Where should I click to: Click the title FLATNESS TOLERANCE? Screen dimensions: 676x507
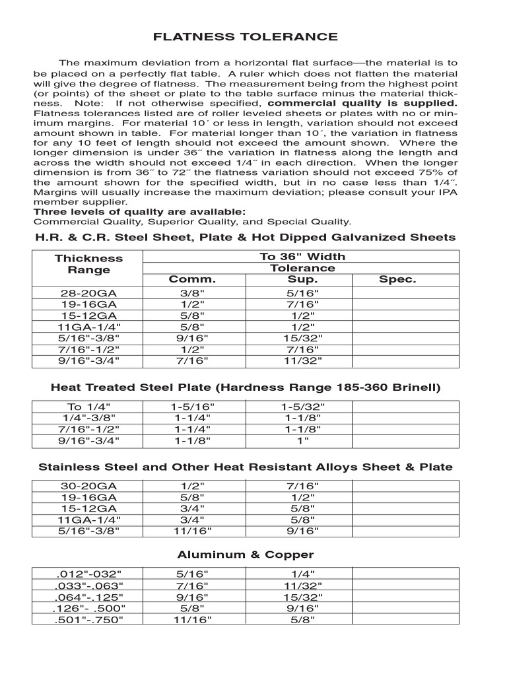(245, 37)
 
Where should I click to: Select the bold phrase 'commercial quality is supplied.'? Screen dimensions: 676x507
(362, 104)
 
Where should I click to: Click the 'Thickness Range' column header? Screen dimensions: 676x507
(88, 264)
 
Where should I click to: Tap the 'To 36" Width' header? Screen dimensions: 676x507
(302, 256)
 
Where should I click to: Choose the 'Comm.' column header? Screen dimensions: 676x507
(192, 279)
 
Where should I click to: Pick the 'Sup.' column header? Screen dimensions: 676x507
(302, 279)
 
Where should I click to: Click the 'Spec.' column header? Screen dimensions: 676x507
(397, 279)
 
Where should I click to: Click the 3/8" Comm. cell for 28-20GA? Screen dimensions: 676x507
(192, 292)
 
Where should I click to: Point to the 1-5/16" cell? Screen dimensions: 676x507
(192, 407)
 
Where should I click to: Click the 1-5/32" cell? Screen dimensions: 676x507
(302, 407)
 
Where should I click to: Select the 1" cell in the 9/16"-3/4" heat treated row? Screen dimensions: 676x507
(302, 440)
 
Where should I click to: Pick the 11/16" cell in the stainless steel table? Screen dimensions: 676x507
(192, 531)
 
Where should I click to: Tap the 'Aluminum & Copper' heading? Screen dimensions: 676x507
(245, 555)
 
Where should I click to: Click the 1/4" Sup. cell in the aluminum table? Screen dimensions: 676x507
(302, 574)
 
